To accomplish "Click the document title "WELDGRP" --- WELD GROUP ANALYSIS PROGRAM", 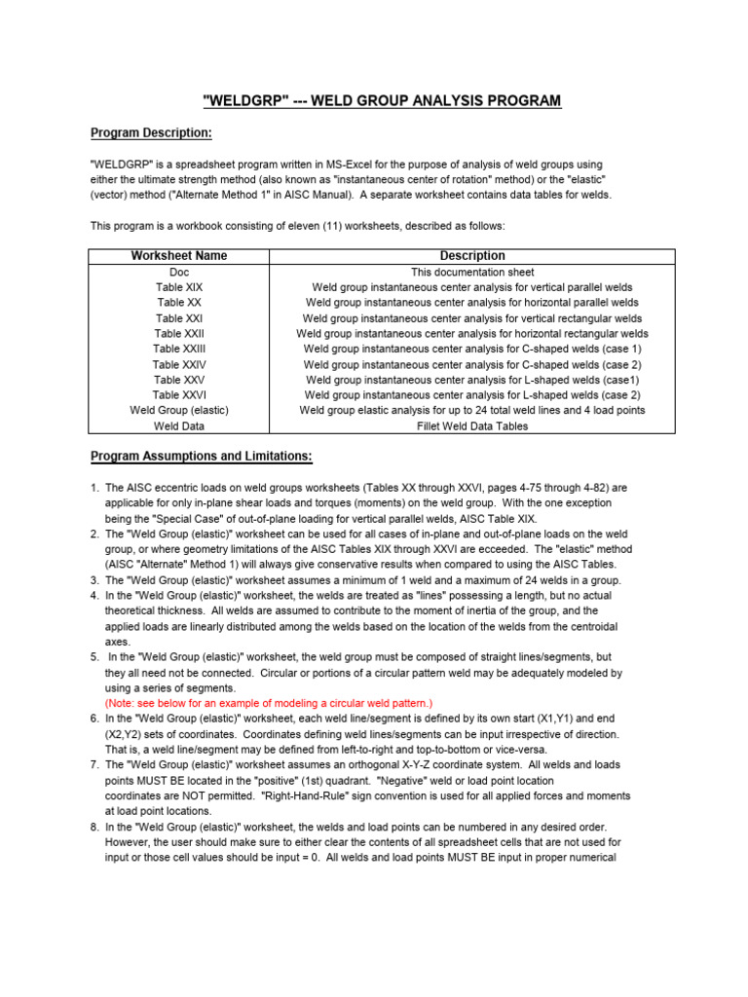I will (x=381, y=101).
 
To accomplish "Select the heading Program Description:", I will (x=151, y=132).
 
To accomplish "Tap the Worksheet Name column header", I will (x=179, y=256).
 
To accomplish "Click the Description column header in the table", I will (x=472, y=256).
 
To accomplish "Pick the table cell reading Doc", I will (x=179, y=273).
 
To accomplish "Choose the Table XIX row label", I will (x=179, y=288).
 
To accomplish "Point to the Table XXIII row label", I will (x=179, y=349).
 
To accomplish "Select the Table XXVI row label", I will (x=179, y=395).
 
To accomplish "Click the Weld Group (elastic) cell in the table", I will (x=179, y=411).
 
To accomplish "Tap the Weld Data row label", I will (x=179, y=426).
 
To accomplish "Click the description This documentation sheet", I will (x=472, y=273).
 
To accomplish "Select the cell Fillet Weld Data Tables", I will (x=472, y=426).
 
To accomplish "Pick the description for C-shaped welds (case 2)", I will (x=472, y=364).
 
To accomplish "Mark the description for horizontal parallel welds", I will (x=472, y=303).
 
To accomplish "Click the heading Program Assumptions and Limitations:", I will (x=202, y=456).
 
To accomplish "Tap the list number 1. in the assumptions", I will (x=95, y=488).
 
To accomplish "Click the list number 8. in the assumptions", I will (x=95, y=827).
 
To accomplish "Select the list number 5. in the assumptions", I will (x=95, y=657).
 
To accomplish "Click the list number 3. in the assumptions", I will (x=95, y=580).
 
